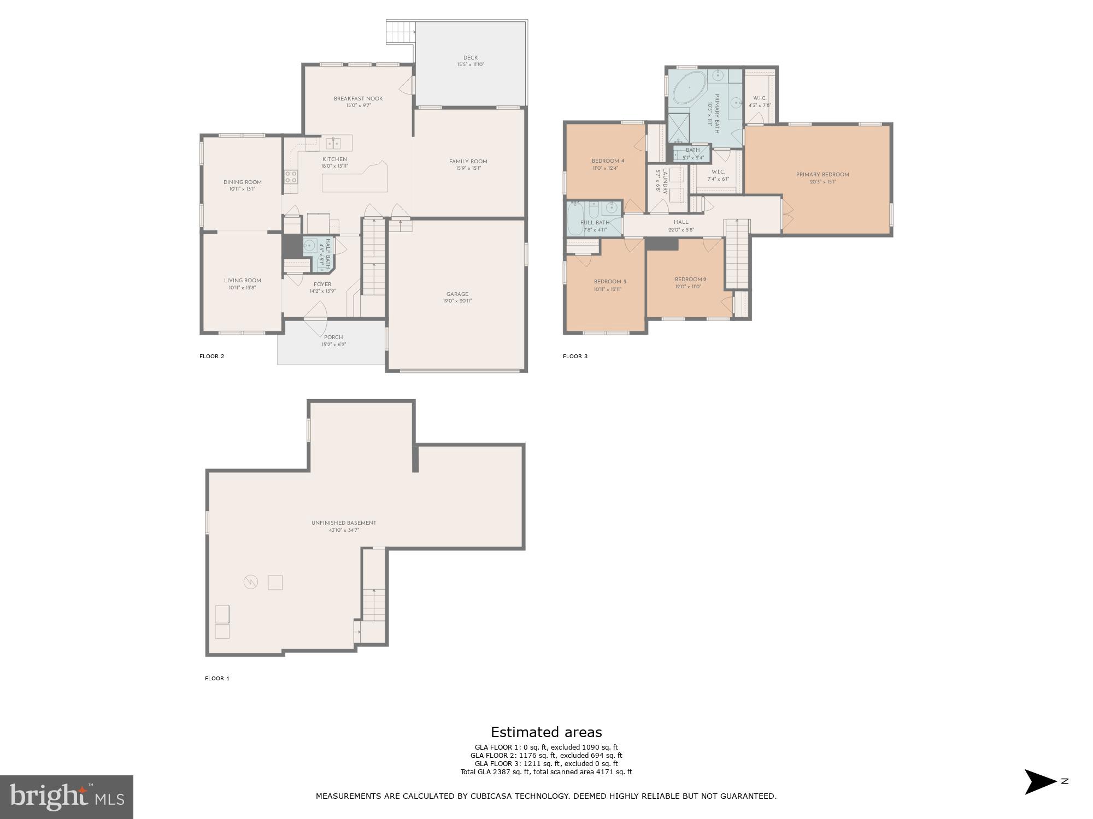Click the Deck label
pyautogui.click(x=471, y=58)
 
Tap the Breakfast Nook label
pyautogui.click(x=358, y=99)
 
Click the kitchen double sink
pyautogui.click(x=333, y=144)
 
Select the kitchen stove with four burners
pyautogui.click(x=291, y=176)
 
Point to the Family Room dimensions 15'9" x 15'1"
pyautogui.click(x=468, y=169)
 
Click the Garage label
pyautogui.click(x=457, y=294)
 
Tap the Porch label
pyautogui.click(x=333, y=337)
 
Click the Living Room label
pyautogui.click(x=242, y=281)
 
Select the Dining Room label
pyautogui.click(x=242, y=182)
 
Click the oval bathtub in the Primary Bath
pyautogui.click(x=688, y=87)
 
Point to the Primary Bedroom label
pyautogui.click(x=822, y=175)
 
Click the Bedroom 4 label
pyautogui.click(x=608, y=161)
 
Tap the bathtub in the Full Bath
pyautogui.click(x=575, y=218)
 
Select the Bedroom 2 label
pyautogui.click(x=690, y=280)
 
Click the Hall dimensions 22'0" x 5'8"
pyautogui.click(x=681, y=230)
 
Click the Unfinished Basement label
pyautogui.click(x=344, y=523)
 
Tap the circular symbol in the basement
pyautogui.click(x=250, y=582)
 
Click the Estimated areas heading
pyautogui.click(x=546, y=732)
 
